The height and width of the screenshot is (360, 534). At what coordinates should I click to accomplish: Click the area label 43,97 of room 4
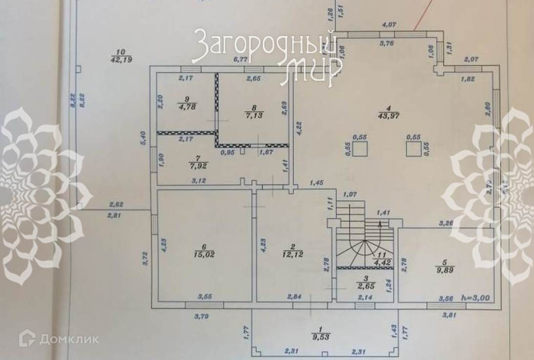386,116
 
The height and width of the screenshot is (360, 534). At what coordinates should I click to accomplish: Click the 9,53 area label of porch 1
320,337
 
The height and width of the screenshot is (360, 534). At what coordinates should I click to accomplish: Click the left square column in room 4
360,150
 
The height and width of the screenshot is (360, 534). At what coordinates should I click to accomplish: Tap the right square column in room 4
413,149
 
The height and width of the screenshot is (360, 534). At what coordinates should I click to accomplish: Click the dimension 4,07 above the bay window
390,23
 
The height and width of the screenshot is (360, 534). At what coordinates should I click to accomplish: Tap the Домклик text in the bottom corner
68,339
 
